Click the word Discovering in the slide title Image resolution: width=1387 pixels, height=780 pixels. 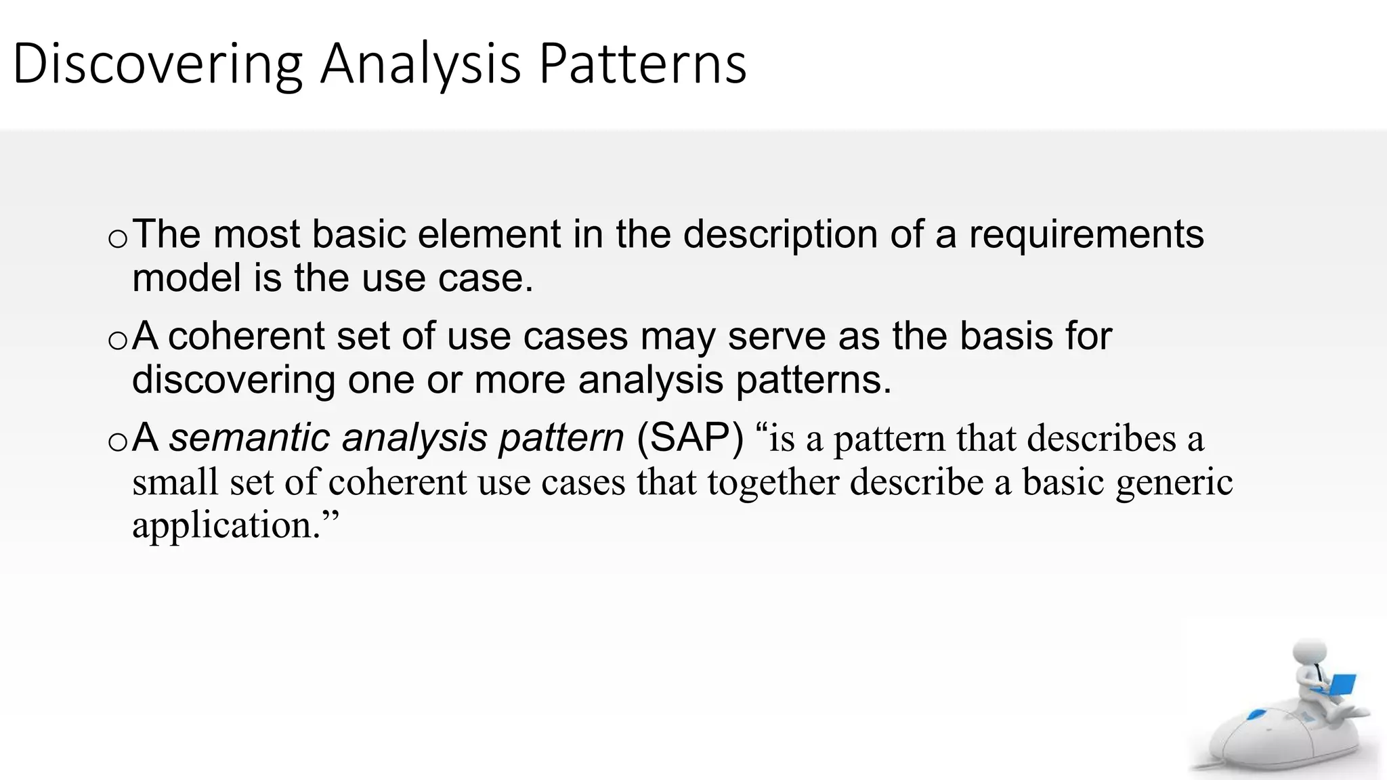pyautogui.click(x=157, y=64)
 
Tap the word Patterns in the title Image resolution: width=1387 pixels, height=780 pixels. pyautogui.click(x=642, y=64)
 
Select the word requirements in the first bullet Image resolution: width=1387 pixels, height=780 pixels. pyautogui.click(x=1086, y=234)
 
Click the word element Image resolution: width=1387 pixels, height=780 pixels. pyautogui.click(x=489, y=234)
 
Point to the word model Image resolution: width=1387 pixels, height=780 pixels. pyautogui.click(x=186, y=278)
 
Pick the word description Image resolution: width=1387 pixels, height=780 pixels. pyautogui.click(x=780, y=234)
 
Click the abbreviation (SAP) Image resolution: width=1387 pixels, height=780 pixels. pyautogui.click(x=690, y=437)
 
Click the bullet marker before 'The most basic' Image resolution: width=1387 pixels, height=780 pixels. pyautogui.click(x=117, y=239)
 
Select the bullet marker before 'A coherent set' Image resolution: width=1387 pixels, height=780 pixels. pyautogui.click(x=117, y=341)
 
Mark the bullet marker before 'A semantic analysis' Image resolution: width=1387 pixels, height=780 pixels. pyautogui.click(x=117, y=442)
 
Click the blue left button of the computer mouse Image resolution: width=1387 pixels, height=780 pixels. pyautogui.click(x=1258, y=714)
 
